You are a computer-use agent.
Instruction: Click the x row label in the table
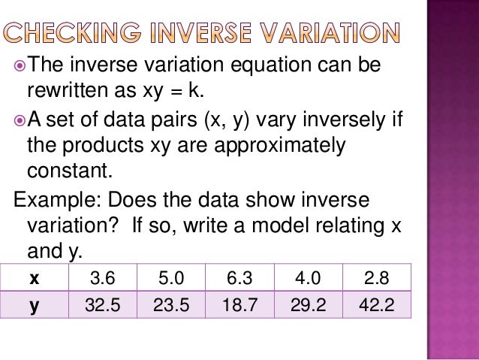tap(34, 279)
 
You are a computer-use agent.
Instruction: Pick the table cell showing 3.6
tap(102, 279)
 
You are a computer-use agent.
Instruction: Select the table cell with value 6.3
tap(239, 279)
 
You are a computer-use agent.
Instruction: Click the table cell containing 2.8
tap(376, 279)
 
